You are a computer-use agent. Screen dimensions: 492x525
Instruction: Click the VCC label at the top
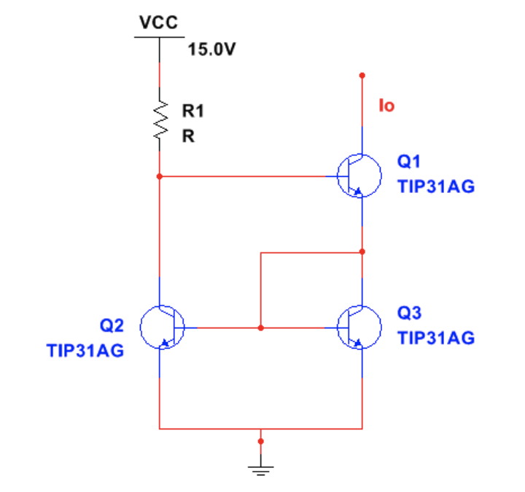[158, 23]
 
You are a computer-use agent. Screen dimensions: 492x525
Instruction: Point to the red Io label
[386, 106]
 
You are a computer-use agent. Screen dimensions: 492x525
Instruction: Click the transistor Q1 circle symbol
[359, 176]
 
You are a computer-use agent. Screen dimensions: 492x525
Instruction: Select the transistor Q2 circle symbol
[162, 328]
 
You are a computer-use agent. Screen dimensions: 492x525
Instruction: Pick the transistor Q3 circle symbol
[359, 328]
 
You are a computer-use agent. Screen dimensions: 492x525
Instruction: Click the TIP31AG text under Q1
[436, 186]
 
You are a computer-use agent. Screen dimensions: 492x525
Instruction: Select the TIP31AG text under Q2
[85, 351]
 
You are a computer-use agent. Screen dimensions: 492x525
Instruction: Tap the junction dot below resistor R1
[159, 176]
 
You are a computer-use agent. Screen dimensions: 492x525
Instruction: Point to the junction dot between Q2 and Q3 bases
[260, 328]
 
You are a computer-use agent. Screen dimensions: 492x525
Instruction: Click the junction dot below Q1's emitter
[362, 252]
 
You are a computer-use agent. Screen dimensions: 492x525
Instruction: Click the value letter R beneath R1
[187, 136]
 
